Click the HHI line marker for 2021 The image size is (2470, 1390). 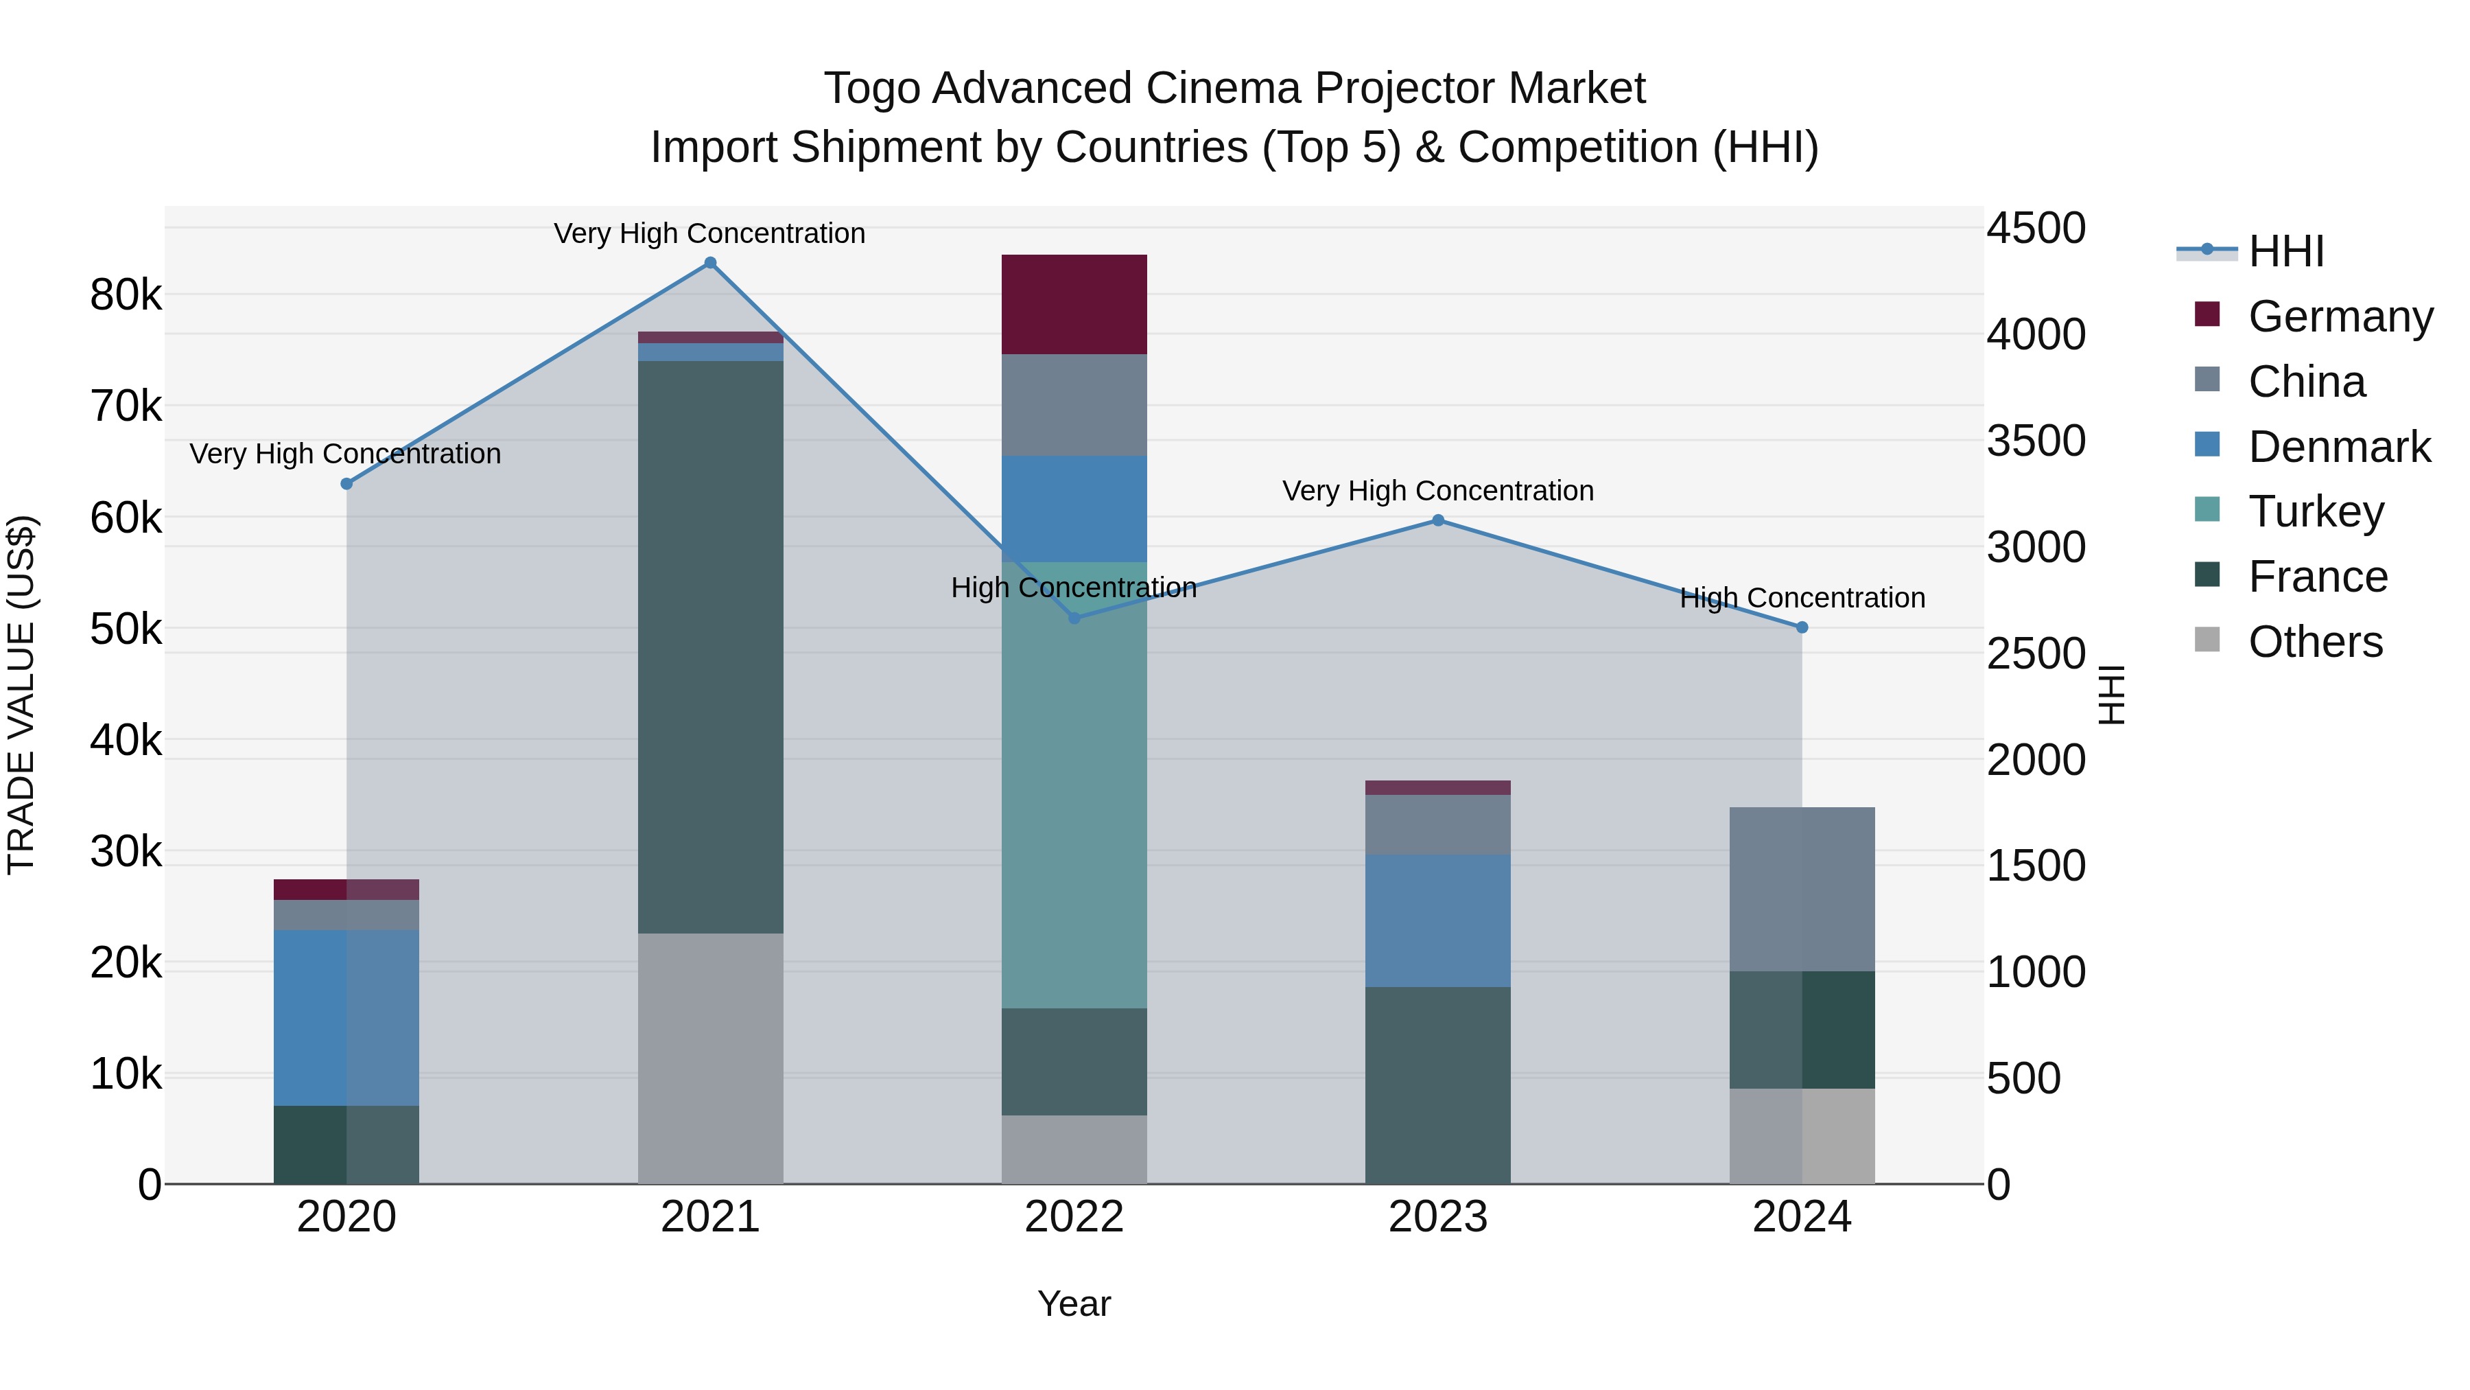tap(711, 263)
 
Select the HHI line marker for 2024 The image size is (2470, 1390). tap(1802, 627)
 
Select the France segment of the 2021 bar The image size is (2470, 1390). tap(711, 647)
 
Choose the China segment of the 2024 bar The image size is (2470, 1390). tap(1802, 888)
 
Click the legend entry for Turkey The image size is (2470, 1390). tap(2316, 511)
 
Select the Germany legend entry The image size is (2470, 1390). tap(2339, 316)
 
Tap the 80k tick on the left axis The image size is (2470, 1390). tap(126, 295)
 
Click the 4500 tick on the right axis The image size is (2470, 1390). tap(2035, 229)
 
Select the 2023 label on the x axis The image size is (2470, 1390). tap(1437, 1217)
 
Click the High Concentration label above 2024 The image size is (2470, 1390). tap(1802, 598)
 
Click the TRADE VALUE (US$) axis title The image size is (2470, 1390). tap(21, 695)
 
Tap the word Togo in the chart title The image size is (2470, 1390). tap(873, 89)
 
